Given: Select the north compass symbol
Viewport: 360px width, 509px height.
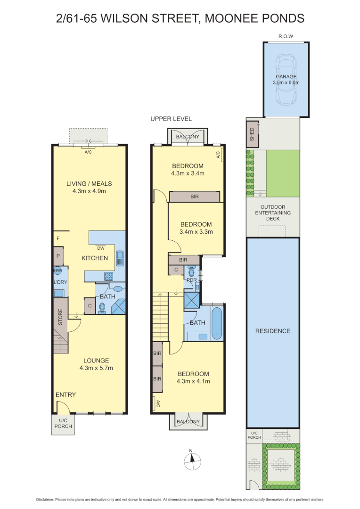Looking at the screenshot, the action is [x=191, y=460].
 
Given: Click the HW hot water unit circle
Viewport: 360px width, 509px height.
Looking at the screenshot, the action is [x=57, y=271].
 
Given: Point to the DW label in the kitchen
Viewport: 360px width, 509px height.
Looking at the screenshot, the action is [x=100, y=248].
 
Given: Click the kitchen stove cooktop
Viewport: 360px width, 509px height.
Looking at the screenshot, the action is [x=109, y=277].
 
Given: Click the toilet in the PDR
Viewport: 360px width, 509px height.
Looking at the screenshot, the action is [x=191, y=272].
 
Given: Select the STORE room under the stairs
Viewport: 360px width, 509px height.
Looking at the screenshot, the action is [x=60, y=317].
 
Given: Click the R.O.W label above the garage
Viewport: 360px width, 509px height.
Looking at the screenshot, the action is [x=286, y=36].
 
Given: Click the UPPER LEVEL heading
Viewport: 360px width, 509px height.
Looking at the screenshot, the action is [x=171, y=119].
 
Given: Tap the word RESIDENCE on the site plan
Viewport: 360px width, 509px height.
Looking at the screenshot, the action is [x=273, y=331].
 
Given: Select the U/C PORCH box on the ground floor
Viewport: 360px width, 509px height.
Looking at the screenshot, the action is [x=62, y=424].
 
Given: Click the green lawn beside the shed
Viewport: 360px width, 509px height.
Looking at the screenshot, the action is [x=283, y=173].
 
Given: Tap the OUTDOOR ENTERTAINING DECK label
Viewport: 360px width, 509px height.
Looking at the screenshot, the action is [x=273, y=213].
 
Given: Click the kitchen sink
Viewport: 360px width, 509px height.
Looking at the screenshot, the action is [x=120, y=258].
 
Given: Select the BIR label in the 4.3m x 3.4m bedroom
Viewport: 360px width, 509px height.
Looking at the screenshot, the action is [x=194, y=196].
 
